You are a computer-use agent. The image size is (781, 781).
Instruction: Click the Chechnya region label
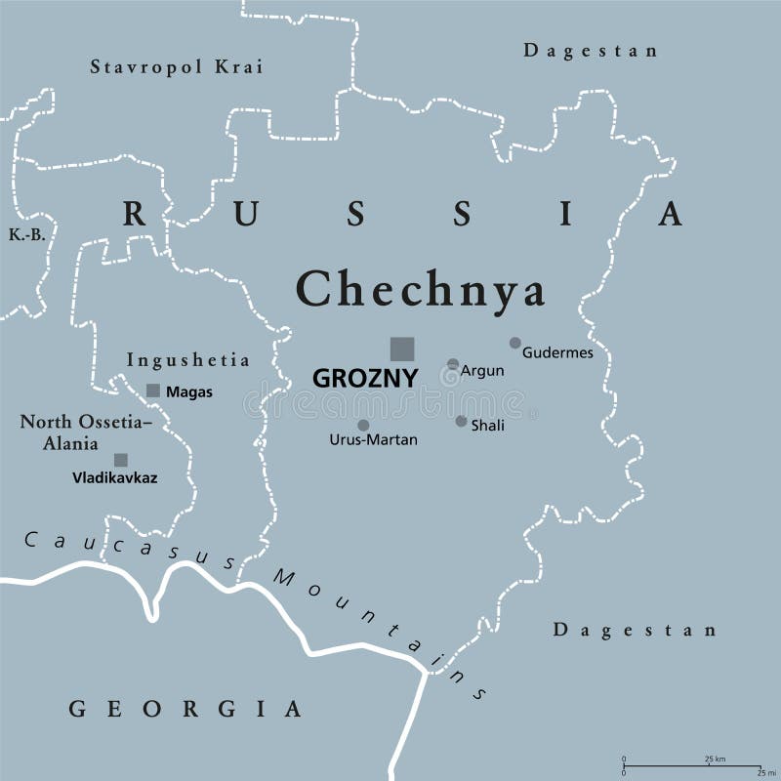[x=421, y=289]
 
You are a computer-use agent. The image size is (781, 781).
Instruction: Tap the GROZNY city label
[x=365, y=378]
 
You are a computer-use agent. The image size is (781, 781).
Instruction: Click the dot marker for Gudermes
[x=515, y=343]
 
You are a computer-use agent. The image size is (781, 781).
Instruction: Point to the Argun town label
[x=482, y=371]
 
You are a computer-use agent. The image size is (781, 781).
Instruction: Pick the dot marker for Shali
[x=461, y=421]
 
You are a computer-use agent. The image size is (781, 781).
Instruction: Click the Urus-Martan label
[x=373, y=440]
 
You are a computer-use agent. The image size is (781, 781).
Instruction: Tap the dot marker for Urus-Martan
[x=363, y=425]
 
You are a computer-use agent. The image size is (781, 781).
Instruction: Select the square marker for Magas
[x=153, y=390]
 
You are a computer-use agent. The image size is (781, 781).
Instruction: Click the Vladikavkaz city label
[x=114, y=478]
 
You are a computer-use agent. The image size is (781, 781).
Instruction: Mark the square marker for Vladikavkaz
[x=121, y=460]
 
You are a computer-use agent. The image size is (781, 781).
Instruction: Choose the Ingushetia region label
[x=188, y=359]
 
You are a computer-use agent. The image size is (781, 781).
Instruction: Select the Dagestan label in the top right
[x=591, y=51]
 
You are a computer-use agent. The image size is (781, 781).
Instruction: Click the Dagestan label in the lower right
[x=636, y=630]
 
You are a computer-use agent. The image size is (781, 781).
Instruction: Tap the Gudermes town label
[x=557, y=352]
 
